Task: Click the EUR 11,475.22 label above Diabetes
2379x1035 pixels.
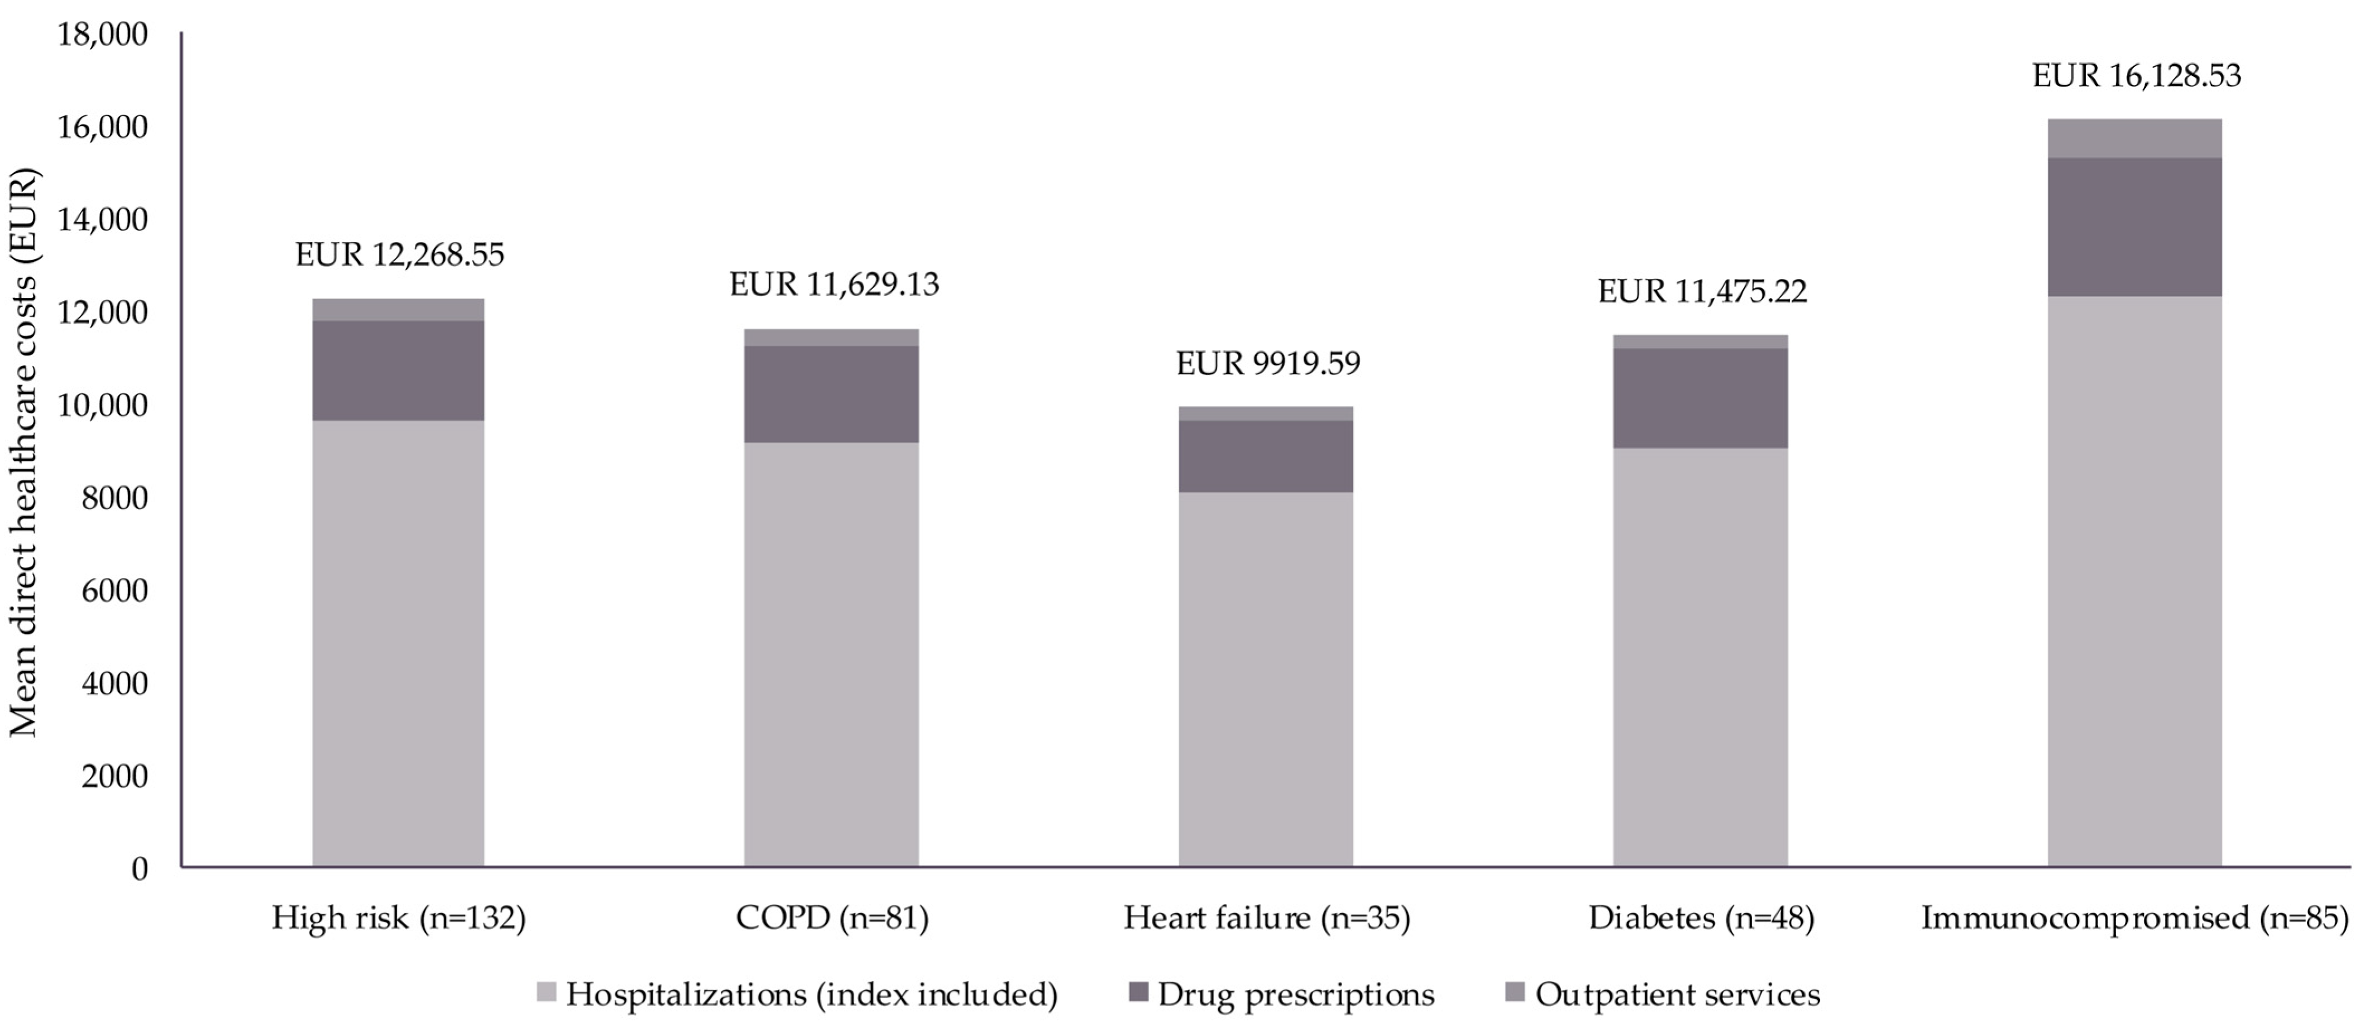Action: tap(1701, 292)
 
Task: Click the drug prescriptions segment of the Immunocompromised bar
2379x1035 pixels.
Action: tap(2134, 227)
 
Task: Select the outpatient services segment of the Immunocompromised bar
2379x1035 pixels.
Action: tap(2134, 138)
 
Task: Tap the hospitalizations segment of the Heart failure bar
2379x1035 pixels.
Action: tap(1265, 678)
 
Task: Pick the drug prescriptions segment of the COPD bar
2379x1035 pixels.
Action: tap(831, 394)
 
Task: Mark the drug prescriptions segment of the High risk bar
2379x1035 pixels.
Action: tap(398, 370)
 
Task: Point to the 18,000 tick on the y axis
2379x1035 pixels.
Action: tap(103, 34)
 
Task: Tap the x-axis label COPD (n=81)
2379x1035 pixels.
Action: tap(831, 918)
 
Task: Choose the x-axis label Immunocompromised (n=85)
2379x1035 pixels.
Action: tap(2134, 918)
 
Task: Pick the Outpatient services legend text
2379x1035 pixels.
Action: tap(1677, 994)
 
